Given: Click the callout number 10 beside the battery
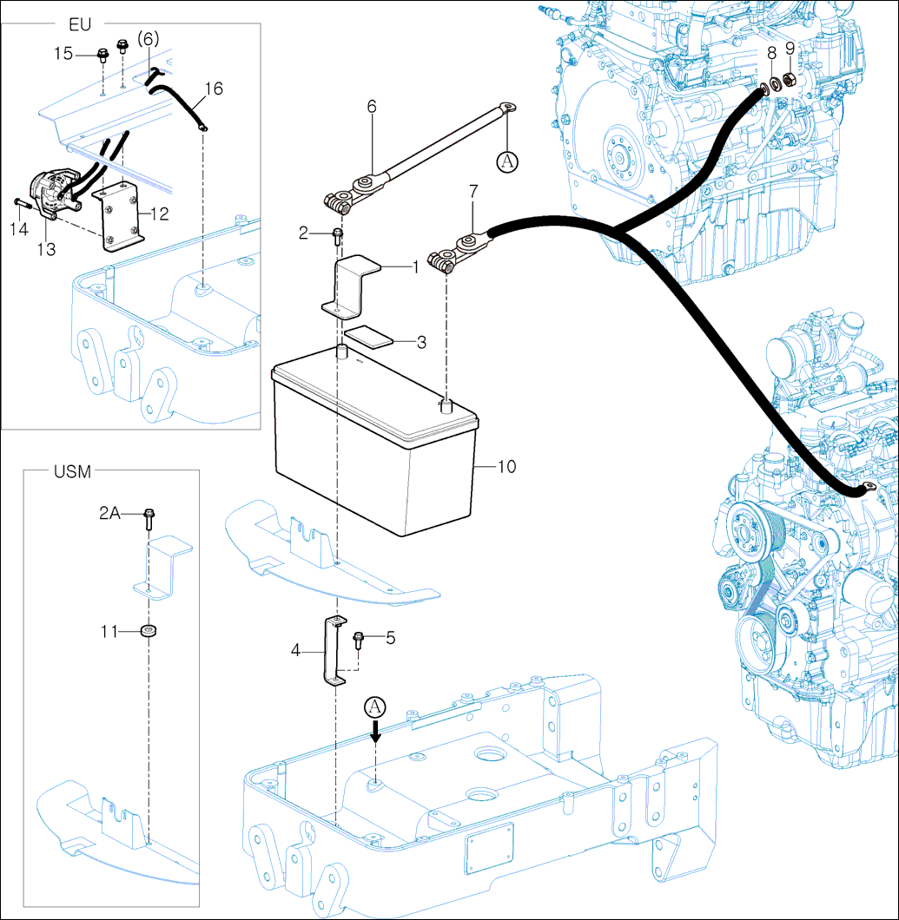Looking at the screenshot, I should coord(506,467).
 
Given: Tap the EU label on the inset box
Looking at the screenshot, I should coord(80,24).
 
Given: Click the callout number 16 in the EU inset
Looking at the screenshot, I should coord(214,89).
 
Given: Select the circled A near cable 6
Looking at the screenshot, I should coord(507,161).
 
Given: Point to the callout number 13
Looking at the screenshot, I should coord(46,249).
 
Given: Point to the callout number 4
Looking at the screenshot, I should coord(295,648).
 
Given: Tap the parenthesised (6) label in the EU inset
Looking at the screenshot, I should coord(149,39).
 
